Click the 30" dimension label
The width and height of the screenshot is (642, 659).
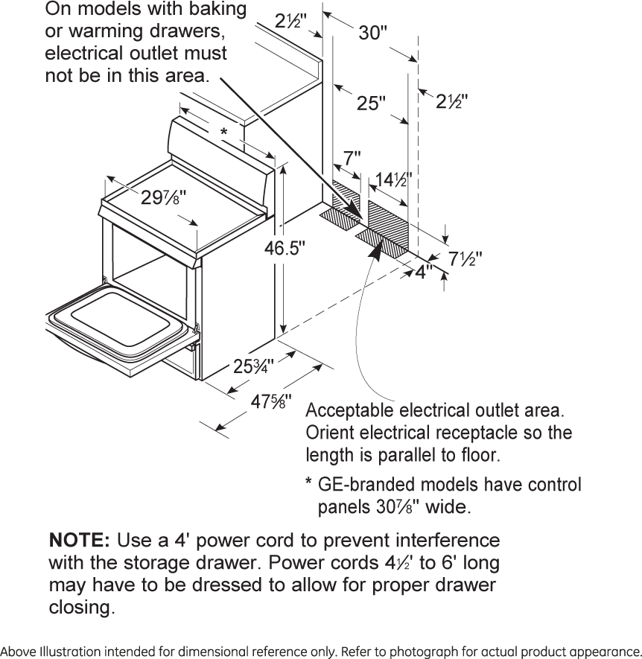click(x=373, y=34)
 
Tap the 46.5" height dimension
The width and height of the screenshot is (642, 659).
click(x=285, y=248)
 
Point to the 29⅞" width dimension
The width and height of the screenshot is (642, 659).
click(x=163, y=198)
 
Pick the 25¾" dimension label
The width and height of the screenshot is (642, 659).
click(x=253, y=366)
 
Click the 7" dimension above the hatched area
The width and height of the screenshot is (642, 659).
click(x=352, y=159)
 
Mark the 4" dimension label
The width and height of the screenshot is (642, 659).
click(x=424, y=272)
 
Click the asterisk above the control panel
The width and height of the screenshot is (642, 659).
click(x=223, y=133)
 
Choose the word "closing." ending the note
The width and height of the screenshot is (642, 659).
click(x=82, y=608)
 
